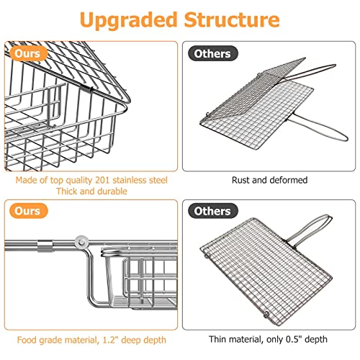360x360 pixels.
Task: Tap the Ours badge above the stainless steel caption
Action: pyautogui.click(x=27, y=53)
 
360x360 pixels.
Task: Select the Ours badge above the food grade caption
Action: pyautogui.click(x=27, y=212)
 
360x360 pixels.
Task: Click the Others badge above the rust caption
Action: pyautogui.click(x=210, y=53)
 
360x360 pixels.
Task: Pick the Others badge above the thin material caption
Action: pyautogui.click(x=210, y=212)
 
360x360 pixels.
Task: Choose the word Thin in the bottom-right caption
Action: pyautogui.click(x=220, y=338)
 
